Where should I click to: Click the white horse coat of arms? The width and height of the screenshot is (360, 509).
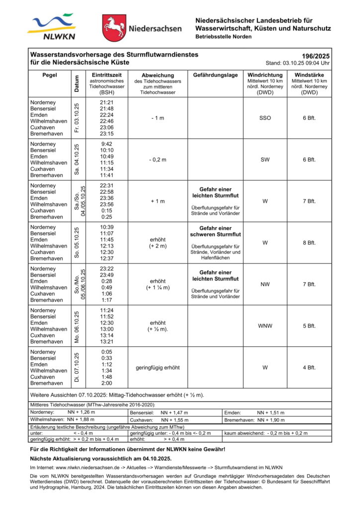[114, 28]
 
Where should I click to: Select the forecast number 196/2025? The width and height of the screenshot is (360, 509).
[316, 56]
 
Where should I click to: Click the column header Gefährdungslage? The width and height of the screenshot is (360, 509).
[215, 75]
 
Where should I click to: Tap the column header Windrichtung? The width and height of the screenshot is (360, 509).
[265, 75]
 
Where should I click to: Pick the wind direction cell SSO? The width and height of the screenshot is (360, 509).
[265, 118]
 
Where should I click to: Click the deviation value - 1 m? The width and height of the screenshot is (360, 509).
[158, 118]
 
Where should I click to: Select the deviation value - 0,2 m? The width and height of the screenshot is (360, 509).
[158, 160]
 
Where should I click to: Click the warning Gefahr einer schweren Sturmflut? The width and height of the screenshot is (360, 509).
[215, 231]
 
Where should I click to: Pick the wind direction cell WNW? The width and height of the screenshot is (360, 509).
[265, 326]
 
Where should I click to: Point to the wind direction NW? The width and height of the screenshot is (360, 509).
[265, 284]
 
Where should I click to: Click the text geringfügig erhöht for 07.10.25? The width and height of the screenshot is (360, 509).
[158, 368]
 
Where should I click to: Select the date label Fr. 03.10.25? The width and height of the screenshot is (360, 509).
[77, 118]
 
